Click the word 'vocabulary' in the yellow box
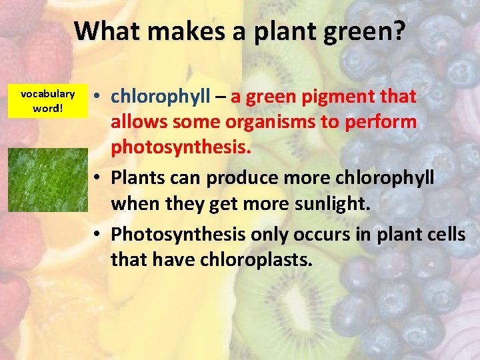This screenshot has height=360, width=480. [47, 94]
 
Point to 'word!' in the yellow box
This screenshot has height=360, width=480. [47, 107]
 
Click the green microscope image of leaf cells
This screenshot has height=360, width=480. [47, 179]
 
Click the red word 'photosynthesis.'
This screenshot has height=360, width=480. [181, 147]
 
